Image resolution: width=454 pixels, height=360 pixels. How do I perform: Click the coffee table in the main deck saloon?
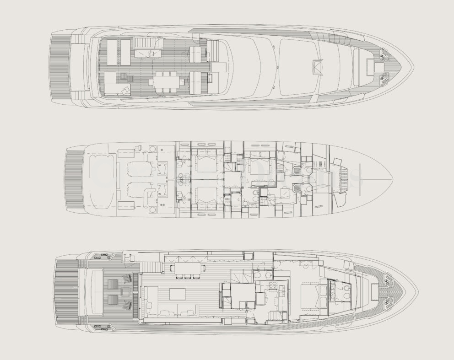point(178,294)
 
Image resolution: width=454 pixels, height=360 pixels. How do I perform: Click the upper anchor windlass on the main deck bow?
point(389,279)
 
